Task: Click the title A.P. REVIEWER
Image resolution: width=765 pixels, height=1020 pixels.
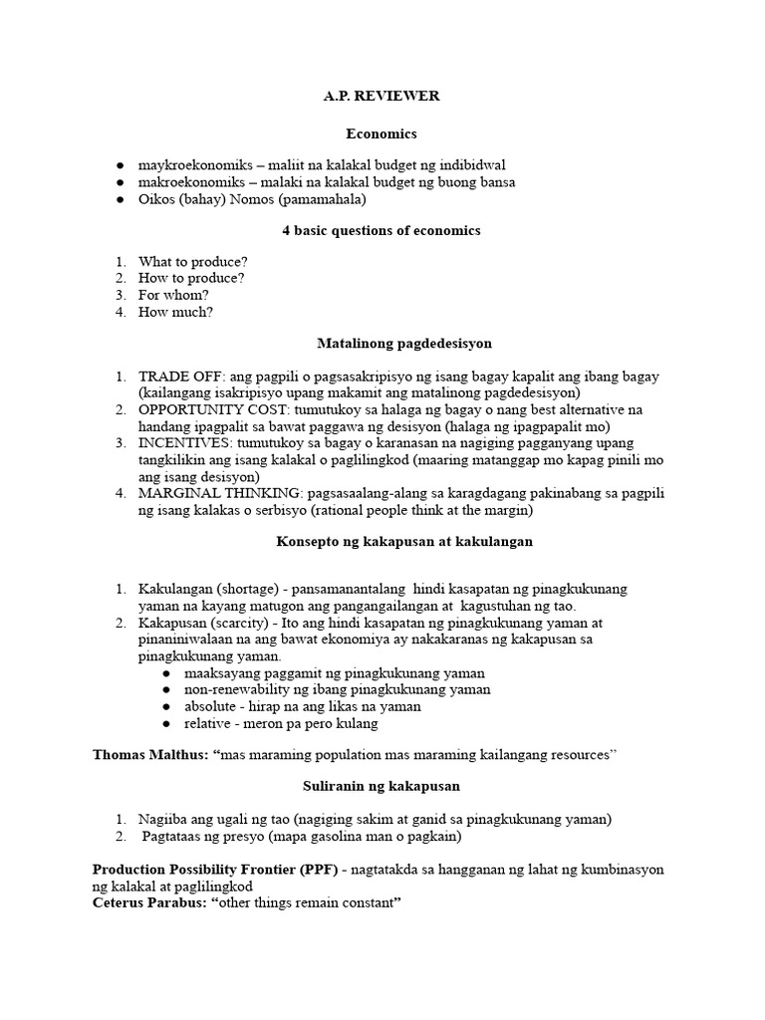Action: click(x=382, y=96)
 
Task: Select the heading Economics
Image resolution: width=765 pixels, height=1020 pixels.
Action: click(x=382, y=132)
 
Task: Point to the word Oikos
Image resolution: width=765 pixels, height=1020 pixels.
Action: click(x=157, y=199)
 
